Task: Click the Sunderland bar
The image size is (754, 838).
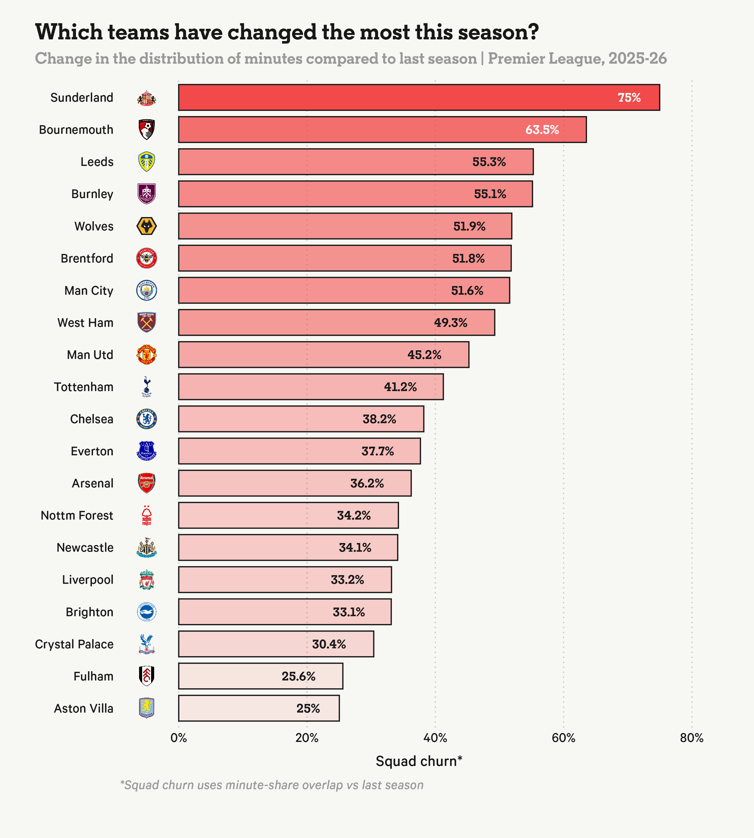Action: pyautogui.click(x=418, y=97)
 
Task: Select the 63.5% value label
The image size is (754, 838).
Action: pyautogui.click(x=542, y=130)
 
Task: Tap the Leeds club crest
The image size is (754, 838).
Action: pyautogui.click(x=147, y=162)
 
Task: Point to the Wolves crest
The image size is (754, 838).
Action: pyautogui.click(x=147, y=226)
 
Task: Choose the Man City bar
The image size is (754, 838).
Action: pyautogui.click(x=344, y=291)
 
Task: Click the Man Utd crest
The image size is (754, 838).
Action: pyautogui.click(x=147, y=355)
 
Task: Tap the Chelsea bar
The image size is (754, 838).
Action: pyautogui.click(x=301, y=419)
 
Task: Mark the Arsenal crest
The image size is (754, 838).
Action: pyautogui.click(x=147, y=483)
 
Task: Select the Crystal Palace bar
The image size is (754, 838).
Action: pyautogui.click(x=276, y=644)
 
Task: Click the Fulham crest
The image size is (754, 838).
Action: pyautogui.click(x=147, y=676)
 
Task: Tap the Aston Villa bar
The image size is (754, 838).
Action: pyautogui.click(x=259, y=708)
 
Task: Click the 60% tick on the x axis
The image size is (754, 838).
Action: pyautogui.click(x=564, y=738)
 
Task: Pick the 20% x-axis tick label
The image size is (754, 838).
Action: pyautogui.click(x=307, y=738)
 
